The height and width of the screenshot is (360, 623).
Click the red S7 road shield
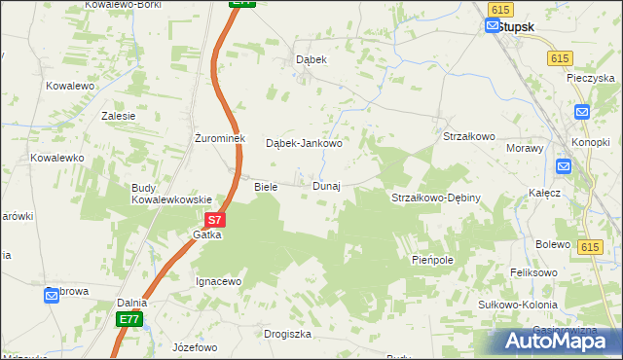pyautogui.click(x=216, y=221)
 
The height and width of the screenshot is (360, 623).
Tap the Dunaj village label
pyautogui.click(x=326, y=186)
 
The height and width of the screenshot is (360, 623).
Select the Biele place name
pyautogui.click(x=266, y=186)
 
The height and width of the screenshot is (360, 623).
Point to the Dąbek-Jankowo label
pyautogui.click(x=304, y=143)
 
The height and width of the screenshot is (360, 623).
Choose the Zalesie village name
pyautogui.click(x=118, y=115)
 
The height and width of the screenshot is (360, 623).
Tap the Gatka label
pyautogui.click(x=207, y=234)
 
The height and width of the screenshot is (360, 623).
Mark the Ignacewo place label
pyautogui.click(x=218, y=281)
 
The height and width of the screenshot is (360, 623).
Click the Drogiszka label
pyautogui.click(x=287, y=334)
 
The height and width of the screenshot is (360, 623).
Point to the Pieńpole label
pyautogui.click(x=432, y=261)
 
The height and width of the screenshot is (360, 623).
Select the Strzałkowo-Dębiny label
pyautogui.click(x=435, y=198)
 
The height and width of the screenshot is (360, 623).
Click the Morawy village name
pyautogui.click(x=525, y=148)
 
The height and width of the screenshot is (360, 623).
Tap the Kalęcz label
pyautogui.click(x=544, y=193)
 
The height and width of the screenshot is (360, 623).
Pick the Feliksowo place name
pyautogui.click(x=534, y=273)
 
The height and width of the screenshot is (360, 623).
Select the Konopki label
pyautogui.click(x=590, y=143)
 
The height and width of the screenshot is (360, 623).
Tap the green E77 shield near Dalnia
pyautogui.click(x=129, y=319)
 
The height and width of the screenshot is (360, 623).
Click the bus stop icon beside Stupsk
pyautogui.click(x=492, y=26)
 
